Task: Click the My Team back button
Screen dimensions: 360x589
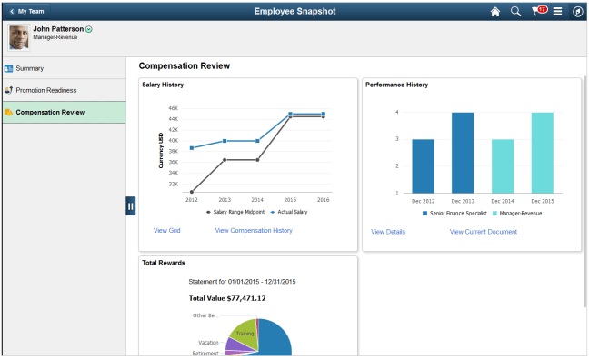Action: [26, 11]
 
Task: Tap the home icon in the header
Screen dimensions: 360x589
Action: [495, 12]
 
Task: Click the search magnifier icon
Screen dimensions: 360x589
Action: [515, 12]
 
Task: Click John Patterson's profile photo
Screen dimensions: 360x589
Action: [18, 36]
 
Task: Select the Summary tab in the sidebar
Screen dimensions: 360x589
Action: [29, 68]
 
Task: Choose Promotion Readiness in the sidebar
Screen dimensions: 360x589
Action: [45, 90]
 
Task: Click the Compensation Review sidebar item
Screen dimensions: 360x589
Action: [50, 112]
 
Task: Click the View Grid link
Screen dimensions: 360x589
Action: [166, 231]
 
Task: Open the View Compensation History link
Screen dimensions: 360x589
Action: [254, 231]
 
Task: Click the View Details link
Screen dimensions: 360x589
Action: [388, 232]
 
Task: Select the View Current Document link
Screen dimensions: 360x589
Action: [483, 232]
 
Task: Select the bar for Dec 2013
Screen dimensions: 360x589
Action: [463, 152]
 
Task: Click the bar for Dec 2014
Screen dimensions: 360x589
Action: [503, 165]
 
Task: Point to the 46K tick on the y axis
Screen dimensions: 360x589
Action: [173, 108]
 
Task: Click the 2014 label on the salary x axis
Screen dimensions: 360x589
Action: [257, 199]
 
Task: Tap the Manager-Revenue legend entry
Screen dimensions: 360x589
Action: [519, 213]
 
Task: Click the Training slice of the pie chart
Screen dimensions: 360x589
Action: [244, 333]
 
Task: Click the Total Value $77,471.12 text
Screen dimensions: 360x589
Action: [226, 297]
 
